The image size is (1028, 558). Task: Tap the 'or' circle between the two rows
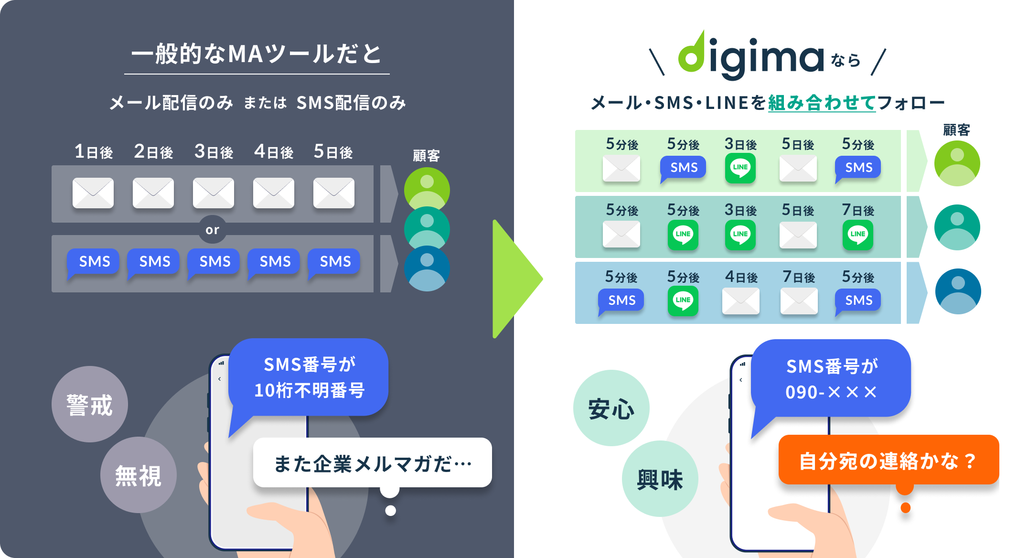click(212, 230)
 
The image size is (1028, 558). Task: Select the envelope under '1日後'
click(93, 193)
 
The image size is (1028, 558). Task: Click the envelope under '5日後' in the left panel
click(334, 193)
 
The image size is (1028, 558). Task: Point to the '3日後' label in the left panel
click(214, 152)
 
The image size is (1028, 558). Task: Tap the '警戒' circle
click(90, 404)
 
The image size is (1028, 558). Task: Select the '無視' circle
click(139, 475)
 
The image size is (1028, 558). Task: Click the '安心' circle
click(611, 408)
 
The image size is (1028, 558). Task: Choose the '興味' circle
click(660, 479)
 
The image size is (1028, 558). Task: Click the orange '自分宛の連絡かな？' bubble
click(889, 461)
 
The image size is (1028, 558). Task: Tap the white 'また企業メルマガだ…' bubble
click(373, 463)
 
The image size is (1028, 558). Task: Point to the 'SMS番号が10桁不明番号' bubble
click(309, 377)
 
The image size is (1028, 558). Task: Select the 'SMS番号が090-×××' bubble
click(831, 379)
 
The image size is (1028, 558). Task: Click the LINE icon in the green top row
click(740, 168)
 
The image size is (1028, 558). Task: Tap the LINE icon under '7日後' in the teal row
click(858, 234)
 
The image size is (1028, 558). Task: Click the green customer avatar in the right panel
click(957, 163)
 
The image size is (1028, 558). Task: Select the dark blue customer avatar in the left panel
click(427, 268)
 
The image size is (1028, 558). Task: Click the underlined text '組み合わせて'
click(822, 103)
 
